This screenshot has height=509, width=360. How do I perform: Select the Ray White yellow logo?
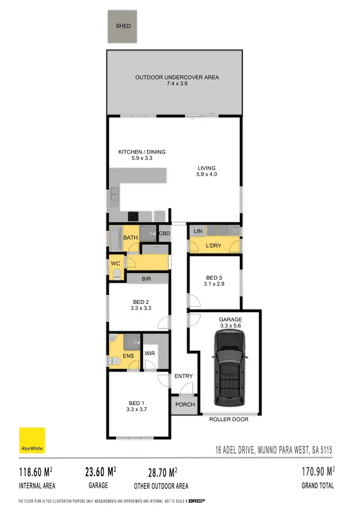click(32, 440)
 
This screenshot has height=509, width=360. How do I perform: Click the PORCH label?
click(185, 404)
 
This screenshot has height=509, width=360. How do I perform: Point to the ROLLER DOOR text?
click(228, 419)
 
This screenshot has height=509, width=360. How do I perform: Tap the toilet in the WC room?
click(117, 274)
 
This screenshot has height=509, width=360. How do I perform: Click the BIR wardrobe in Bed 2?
click(146, 278)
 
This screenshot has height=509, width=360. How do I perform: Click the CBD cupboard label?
click(165, 233)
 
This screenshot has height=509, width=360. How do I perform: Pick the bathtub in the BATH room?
click(116, 238)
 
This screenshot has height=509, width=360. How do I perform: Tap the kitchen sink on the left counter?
click(115, 195)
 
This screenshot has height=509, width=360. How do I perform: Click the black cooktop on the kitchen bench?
click(133, 215)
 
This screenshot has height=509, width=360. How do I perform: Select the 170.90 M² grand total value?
click(317, 471)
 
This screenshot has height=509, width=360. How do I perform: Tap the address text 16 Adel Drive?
click(273, 450)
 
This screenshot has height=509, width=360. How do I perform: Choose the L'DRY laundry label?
click(213, 245)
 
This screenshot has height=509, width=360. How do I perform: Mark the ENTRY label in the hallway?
click(183, 376)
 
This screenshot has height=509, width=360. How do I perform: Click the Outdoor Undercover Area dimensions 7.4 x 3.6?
click(173, 84)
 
